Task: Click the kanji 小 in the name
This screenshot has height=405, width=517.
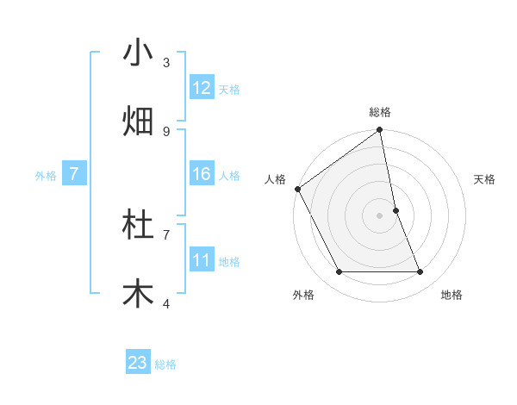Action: click(138, 53)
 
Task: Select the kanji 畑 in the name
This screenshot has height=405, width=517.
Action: click(138, 121)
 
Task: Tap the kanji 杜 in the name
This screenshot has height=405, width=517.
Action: click(138, 225)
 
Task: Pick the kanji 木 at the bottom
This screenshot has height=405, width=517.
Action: click(138, 294)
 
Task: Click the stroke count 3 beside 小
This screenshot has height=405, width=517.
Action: click(166, 62)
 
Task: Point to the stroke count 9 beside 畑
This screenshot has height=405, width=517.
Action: click(166, 131)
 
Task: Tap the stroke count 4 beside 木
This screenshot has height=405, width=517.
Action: click(166, 303)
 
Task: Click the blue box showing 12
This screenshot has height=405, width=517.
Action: click(202, 88)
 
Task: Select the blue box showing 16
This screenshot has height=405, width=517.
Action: click(202, 174)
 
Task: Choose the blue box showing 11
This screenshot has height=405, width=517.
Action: click(202, 260)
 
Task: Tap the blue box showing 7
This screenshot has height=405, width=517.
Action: click(74, 174)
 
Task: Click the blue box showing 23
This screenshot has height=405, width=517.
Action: click(138, 363)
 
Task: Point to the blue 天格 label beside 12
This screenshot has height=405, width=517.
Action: click(229, 89)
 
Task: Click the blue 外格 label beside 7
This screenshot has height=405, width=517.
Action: click(46, 175)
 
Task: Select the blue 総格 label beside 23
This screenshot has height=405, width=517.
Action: click(165, 364)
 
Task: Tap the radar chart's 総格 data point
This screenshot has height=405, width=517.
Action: click(380, 131)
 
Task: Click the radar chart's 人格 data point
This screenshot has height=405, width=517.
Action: click(297, 189)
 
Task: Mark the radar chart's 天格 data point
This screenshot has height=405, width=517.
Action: click(396, 210)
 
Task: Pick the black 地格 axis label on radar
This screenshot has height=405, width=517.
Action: click(452, 295)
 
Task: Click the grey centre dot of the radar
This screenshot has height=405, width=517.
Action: click(380, 215)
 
